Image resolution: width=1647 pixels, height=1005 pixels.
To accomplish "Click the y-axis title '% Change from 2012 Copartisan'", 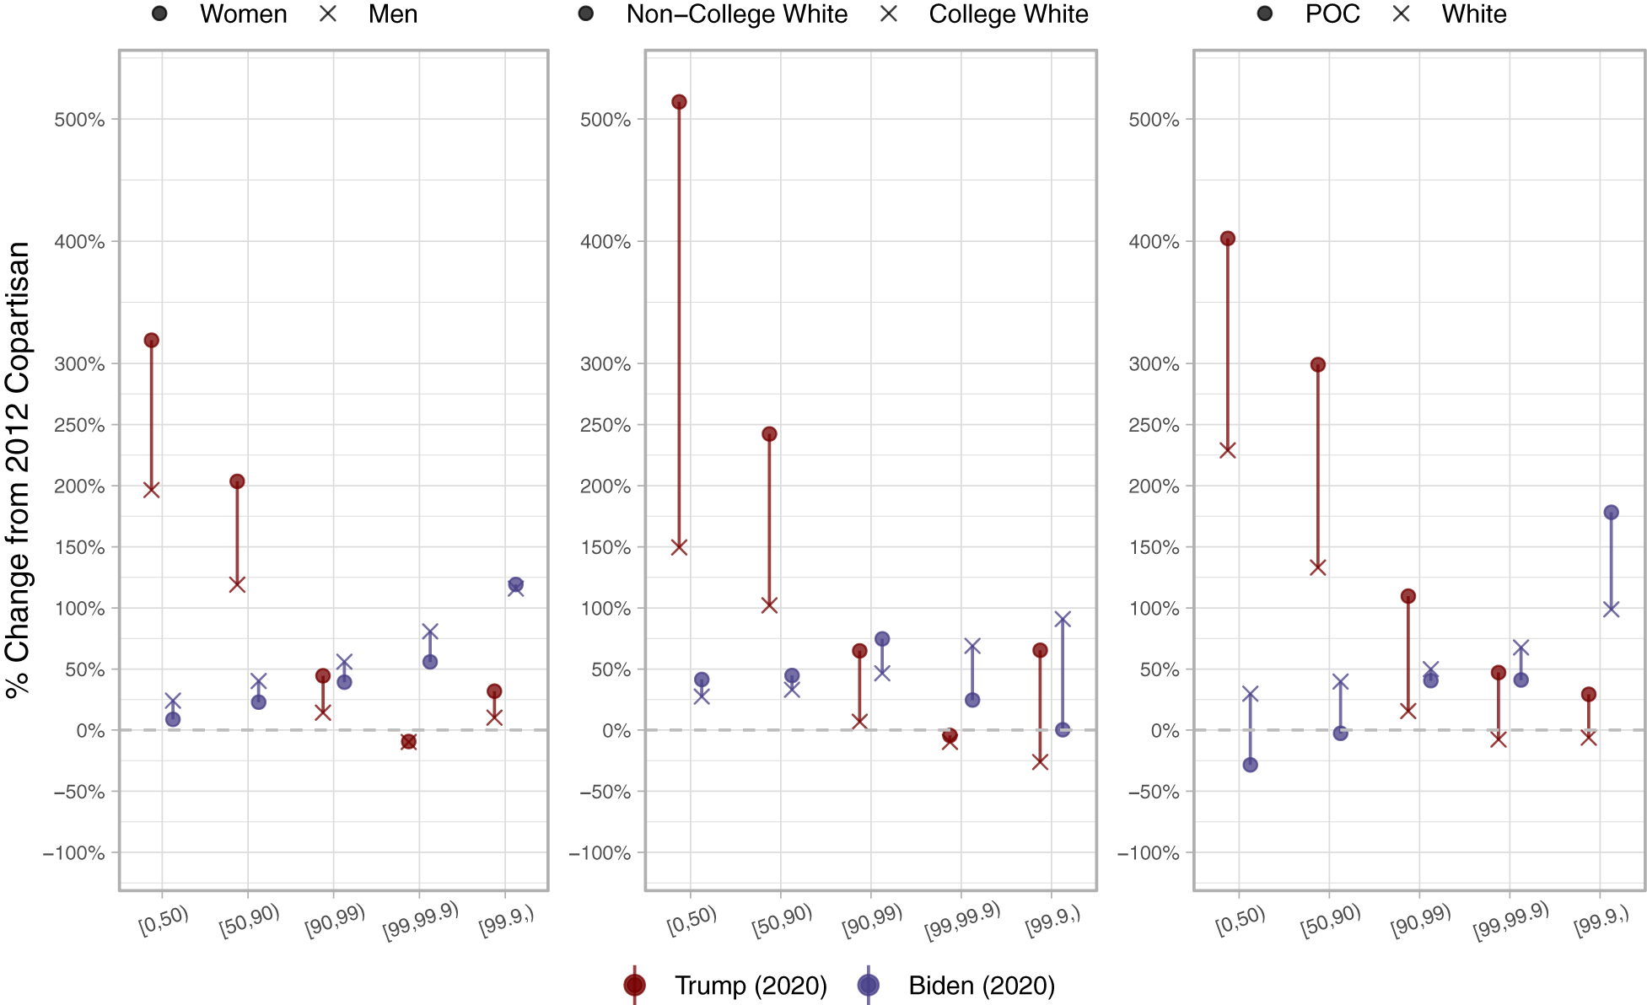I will (19, 470).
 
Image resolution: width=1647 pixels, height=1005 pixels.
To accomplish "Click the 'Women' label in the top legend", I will (243, 14).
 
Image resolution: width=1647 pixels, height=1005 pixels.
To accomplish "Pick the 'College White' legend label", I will (1008, 14).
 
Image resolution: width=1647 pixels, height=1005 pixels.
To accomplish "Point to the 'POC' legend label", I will (1332, 14).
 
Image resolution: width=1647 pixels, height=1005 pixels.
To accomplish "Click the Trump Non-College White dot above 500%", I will (679, 102).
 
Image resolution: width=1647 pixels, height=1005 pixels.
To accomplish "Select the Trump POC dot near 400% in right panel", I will (1228, 239).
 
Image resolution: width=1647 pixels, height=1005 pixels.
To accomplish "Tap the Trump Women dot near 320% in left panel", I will (152, 341).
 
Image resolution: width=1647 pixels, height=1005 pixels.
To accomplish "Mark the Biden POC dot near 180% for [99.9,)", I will (1611, 513).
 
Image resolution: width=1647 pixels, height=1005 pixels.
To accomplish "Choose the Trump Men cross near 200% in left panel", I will (152, 490).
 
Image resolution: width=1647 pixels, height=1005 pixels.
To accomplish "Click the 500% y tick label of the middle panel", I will (606, 120).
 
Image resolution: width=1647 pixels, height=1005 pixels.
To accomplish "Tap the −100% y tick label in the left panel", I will (74, 853).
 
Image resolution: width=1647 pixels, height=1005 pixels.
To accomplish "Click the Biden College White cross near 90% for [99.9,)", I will (1063, 620).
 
